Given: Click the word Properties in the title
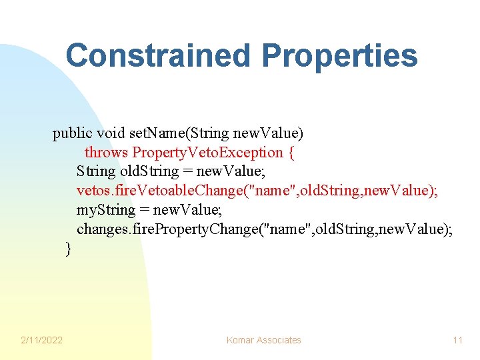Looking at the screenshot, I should coord(339,55).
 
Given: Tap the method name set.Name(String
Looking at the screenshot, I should coord(173,133).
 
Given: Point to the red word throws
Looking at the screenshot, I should coord(107,153).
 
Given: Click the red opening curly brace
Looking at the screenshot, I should coord(291,153).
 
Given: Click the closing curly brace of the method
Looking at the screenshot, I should coord(68,249).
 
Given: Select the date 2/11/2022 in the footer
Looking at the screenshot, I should coord(42,340).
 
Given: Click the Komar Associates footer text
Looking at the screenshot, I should coord(263,340).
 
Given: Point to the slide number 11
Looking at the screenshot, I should coord(457,340).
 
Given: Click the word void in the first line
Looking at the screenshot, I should coord(111,133).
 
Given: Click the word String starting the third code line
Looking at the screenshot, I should coord(95,172).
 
